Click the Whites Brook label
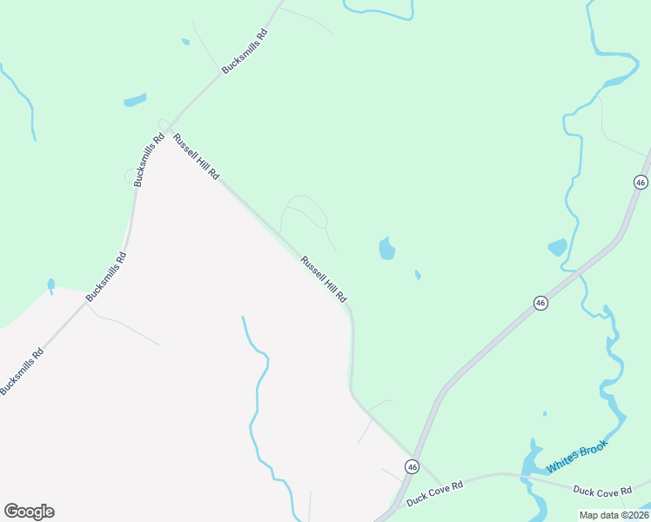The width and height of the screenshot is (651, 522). click(x=577, y=458)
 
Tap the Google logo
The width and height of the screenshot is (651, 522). click(x=29, y=512)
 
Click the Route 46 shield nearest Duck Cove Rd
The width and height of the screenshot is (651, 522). click(x=411, y=467)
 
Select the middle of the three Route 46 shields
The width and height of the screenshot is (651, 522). click(x=540, y=303)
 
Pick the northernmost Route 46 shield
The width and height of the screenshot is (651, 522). click(x=641, y=182)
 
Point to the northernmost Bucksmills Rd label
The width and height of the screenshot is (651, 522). click(x=245, y=51)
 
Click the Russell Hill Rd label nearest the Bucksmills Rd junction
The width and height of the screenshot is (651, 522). click(x=195, y=157)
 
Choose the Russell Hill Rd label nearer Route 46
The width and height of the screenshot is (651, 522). click(x=324, y=278)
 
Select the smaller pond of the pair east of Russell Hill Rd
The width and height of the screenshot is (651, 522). click(x=418, y=275)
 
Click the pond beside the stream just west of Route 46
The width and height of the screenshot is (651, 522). click(x=557, y=247)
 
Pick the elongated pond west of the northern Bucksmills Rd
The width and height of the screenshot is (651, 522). click(x=135, y=100)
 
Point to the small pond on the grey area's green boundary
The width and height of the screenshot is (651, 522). click(x=51, y=285)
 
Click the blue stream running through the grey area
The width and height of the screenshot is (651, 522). click(x=258, y=400)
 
